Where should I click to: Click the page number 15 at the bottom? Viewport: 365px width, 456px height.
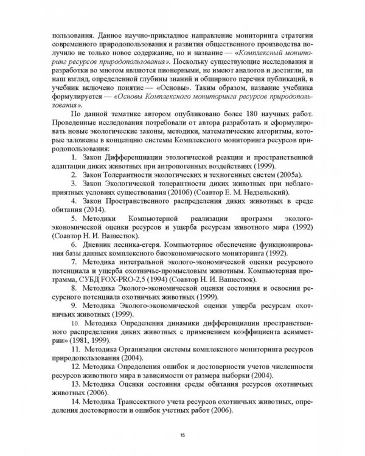pos(182,435)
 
